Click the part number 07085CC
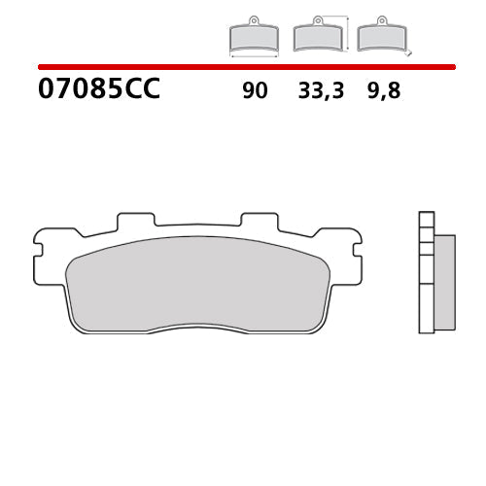[98, 90]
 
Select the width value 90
[256, 91]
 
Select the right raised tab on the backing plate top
[259, 222]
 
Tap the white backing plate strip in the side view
[426, 271]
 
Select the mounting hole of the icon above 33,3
[316, 21]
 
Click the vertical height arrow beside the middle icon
[346, 33]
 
